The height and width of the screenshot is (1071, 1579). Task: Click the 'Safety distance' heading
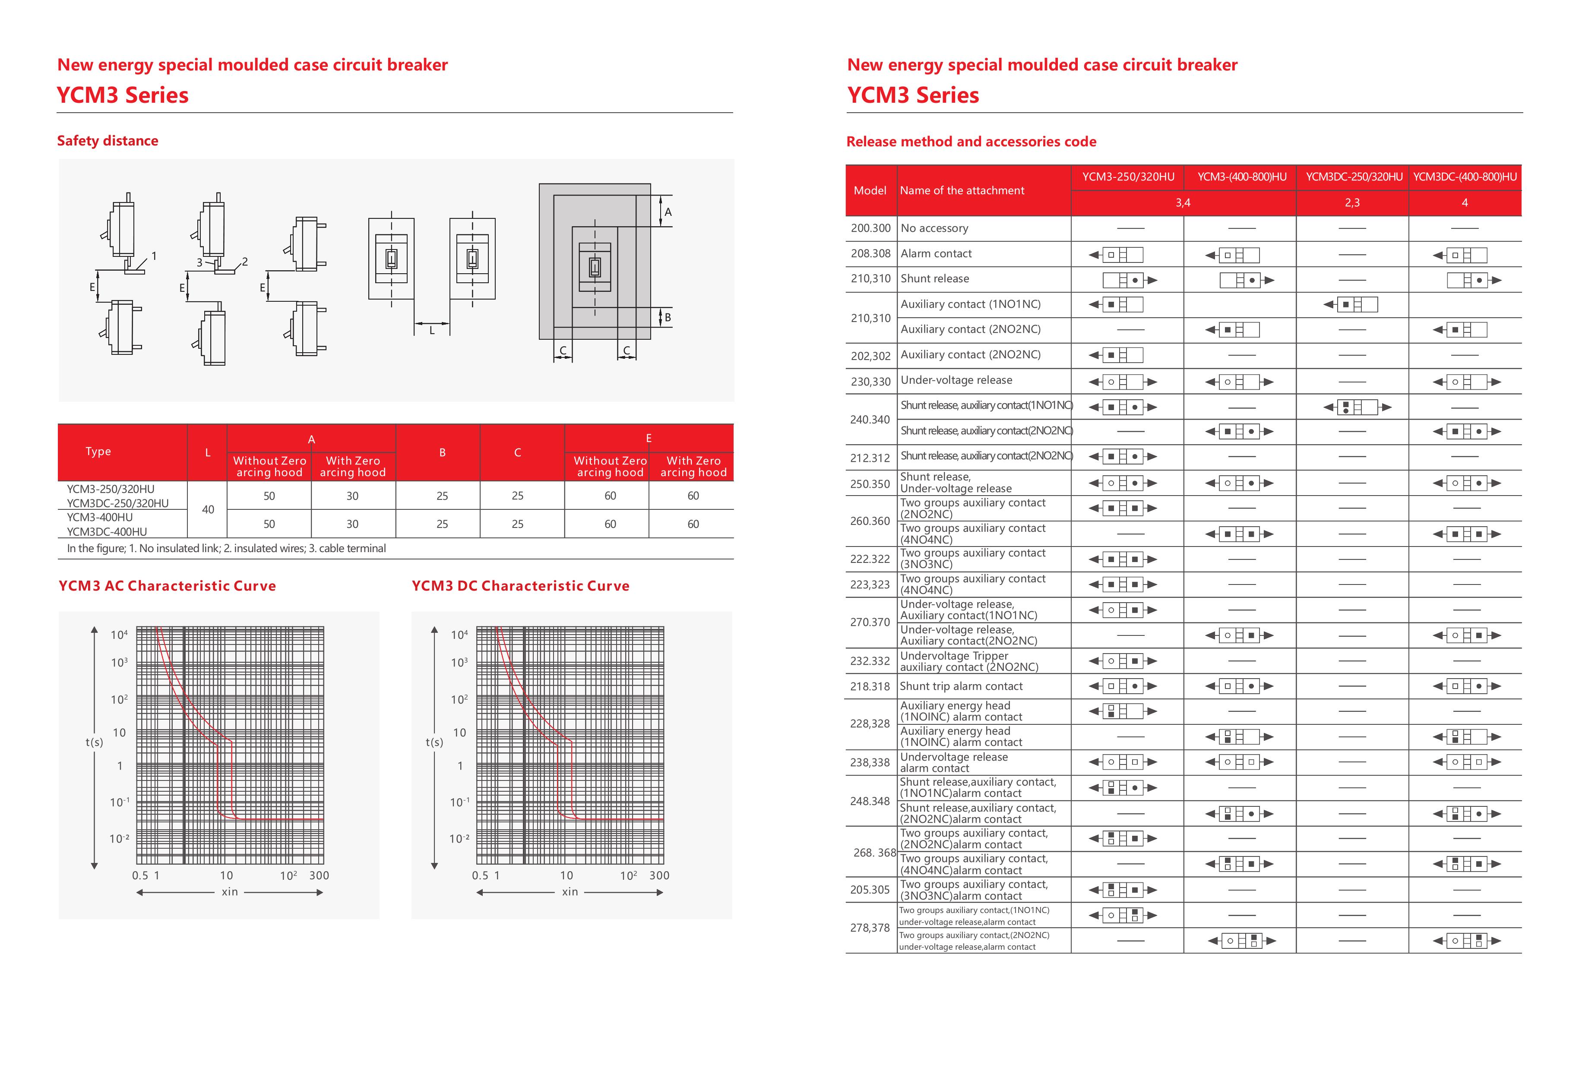108,141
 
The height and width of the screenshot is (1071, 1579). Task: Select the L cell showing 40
208,509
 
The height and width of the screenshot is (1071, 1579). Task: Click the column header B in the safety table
442,452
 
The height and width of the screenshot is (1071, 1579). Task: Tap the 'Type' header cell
98,451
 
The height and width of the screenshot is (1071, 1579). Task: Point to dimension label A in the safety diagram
668,212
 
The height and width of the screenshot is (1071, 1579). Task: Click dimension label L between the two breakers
431,331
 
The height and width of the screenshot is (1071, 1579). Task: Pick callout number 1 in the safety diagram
154,256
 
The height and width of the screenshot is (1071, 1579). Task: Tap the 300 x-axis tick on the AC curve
319,875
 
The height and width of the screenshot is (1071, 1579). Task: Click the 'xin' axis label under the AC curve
230,892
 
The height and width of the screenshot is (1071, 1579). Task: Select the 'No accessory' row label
934,228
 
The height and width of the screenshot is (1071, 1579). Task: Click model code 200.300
870,228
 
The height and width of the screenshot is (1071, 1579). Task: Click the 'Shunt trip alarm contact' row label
961,686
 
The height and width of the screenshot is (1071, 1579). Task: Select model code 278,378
870,928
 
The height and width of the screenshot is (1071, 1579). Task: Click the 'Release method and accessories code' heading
971,141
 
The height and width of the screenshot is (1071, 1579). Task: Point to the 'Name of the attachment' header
962,190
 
